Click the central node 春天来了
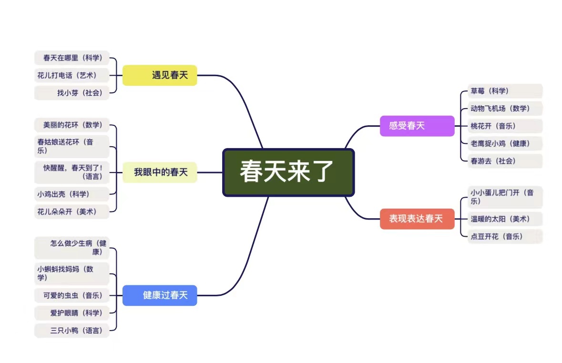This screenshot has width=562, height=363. pyautogui.click(x=288, y=172)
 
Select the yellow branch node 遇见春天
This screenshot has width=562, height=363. pyautogui.click(x=160, y=75)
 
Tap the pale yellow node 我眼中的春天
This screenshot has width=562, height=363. pyautogui.click(x=160, y=172)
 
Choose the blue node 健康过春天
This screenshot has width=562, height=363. pyautogui.click(x=160, y=295)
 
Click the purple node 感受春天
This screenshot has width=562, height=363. pyautogui.click(x=417, y=126)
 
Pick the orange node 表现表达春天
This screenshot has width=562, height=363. pyautogui.click(x=417, y=219)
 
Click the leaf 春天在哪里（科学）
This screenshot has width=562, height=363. pyautogui.click(x=72, y=58)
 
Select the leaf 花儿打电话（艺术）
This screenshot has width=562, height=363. pyautogui.click(x=72, y=75)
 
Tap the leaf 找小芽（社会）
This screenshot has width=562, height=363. pyautogui.click(x=72, y=93)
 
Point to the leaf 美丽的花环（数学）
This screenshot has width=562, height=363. pyautogui.click(x=72, y=125)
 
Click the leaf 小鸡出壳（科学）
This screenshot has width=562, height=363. pyautogui.click(x=72, y=194)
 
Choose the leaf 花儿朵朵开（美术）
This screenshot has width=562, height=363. pyautogui.click(x=72, y=212)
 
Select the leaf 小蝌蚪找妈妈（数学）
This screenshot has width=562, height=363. pyautogui.click(x=72, y=273)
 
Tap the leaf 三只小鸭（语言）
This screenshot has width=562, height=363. pyautogui.click(x=72, y=330)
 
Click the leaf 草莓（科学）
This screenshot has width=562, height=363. pyautogui.click(x=504, y=91)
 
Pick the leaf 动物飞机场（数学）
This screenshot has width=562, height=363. pyautogui.click(x=504, y=109)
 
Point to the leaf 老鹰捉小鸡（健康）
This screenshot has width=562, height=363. pyautogui.click(x=504, y=143)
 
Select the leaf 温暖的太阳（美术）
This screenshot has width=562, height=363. pyautogui.click(x=504, y=219)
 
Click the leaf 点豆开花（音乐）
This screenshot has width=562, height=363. pyautogui.click(x=504, y=236)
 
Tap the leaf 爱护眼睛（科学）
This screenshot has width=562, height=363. pyautogui.click(x=72, y=313)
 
